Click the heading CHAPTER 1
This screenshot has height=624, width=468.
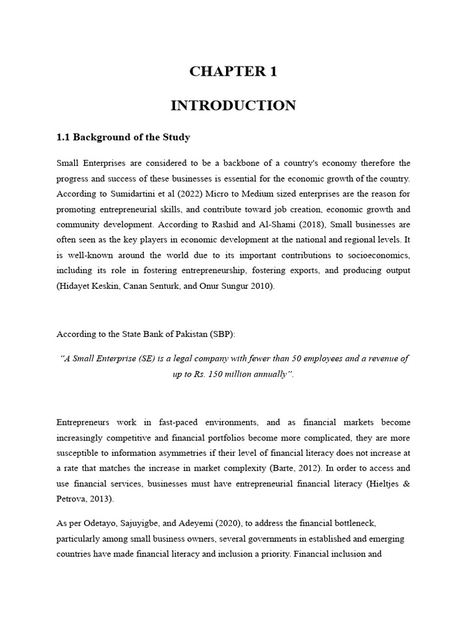click(x=233, y=72)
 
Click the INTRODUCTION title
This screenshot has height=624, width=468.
click(x=233, y=105)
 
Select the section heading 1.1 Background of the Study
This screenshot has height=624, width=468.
click(x=123, y=137)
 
